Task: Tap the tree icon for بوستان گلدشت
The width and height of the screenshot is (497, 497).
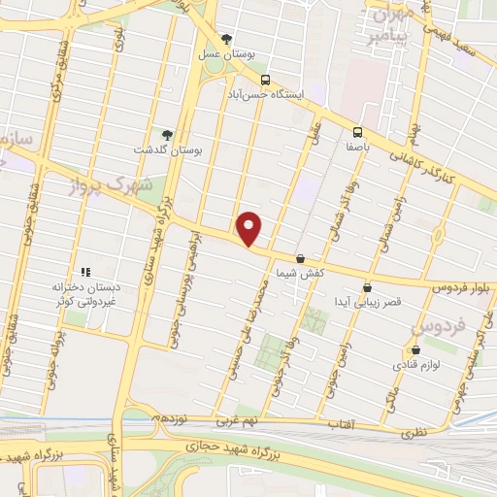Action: (166, 135)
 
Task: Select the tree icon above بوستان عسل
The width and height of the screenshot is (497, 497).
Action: (227, 40)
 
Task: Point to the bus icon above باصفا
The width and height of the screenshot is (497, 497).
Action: (358, 132)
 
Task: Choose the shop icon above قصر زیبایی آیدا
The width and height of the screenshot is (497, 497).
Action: (367, 287)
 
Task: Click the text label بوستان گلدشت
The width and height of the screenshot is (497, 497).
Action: (166, 150)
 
